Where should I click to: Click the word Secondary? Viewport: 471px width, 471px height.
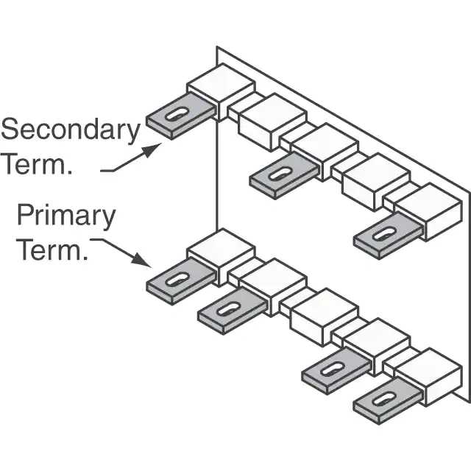tap(70, 131)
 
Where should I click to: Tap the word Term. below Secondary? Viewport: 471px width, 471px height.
tap(37, 164)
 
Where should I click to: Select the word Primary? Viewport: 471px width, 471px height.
tap(66, 216)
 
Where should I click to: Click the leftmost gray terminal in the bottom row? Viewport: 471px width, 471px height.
tap(177, 282)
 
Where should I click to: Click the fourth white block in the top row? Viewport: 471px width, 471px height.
tap(374, 180)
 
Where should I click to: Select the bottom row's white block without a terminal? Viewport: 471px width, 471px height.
tap(322, 314)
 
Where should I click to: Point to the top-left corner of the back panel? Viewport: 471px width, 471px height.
tap(217, 48)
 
